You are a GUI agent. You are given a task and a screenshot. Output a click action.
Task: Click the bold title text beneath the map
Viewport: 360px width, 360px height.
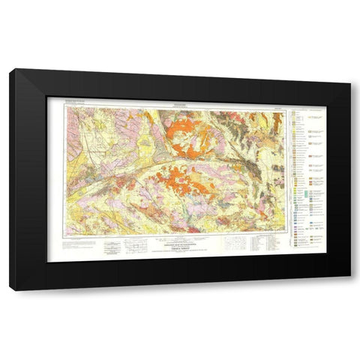(178, 248)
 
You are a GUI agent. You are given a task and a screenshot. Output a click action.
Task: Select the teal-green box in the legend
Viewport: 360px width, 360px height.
(296, 193)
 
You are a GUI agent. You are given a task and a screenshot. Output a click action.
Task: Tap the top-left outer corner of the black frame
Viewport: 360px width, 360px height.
(10, 69)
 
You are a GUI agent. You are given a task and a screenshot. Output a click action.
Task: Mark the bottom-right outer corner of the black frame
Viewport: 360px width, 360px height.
(349, 289)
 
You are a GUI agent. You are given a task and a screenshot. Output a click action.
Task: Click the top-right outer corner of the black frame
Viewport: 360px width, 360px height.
(349, 69)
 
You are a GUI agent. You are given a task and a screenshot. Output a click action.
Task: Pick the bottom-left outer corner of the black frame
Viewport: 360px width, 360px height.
(10, 289)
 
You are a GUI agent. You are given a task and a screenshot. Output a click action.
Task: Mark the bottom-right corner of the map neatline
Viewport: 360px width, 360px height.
(287, 234)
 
